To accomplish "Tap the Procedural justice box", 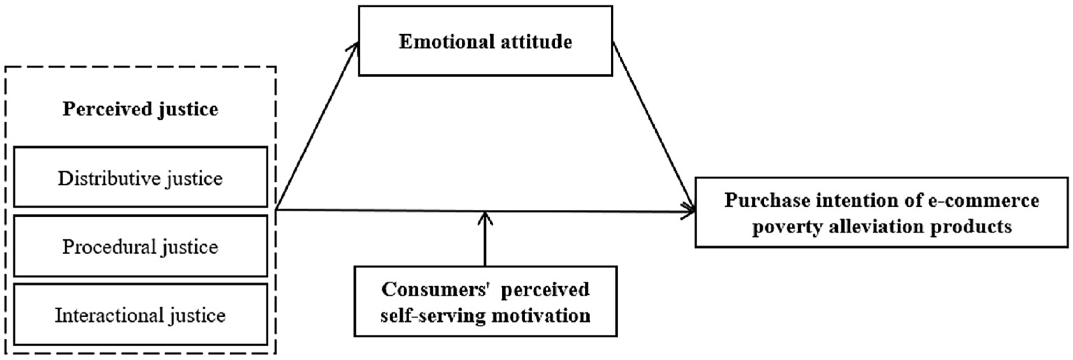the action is tap(141, 246).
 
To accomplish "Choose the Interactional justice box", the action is tap(141, 315).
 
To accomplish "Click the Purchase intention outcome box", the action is tap(881, 213).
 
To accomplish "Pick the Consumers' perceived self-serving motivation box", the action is tap(485, 301).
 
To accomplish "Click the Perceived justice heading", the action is tap(141, 109).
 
